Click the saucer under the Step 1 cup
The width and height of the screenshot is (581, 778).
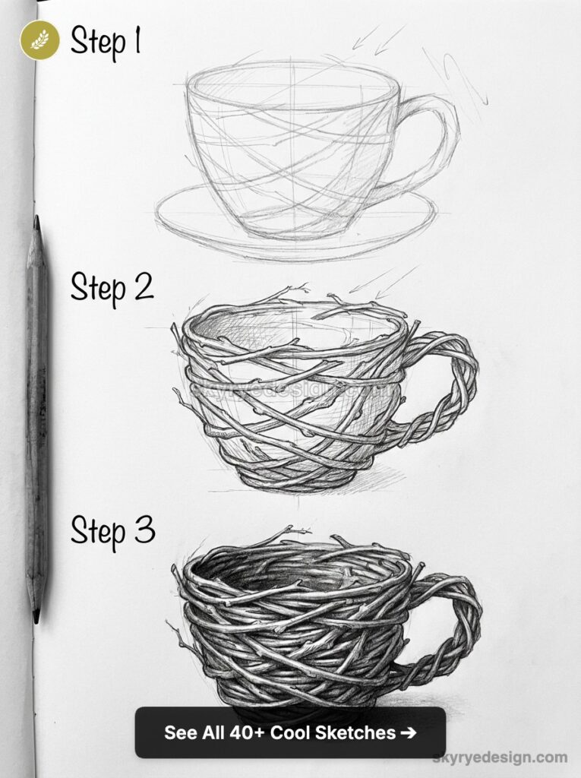coord(296,228)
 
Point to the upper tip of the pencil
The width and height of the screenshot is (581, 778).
coord(36,220)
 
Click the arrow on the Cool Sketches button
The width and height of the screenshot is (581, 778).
coord(409,733)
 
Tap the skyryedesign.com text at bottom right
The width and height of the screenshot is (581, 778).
coord(499,757)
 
